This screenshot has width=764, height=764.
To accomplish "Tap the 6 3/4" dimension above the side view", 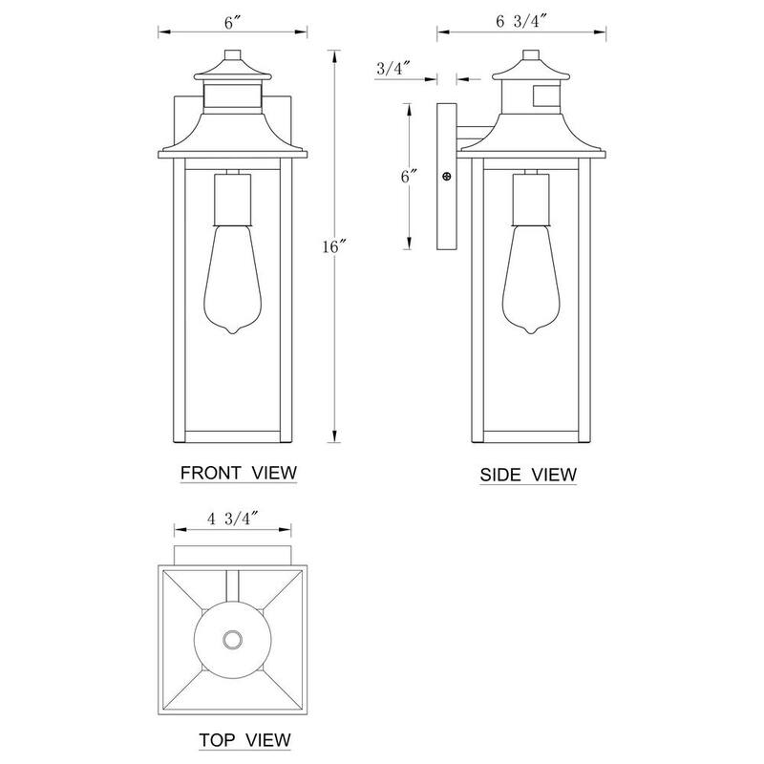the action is click(521, 22).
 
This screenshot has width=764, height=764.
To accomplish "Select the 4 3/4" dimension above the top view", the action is click(232, 519).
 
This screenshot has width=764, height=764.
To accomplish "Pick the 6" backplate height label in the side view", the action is click(409, 176).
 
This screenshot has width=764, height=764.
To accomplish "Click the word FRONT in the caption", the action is click(211, 473).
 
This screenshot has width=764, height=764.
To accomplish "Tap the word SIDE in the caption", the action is click(500, 475).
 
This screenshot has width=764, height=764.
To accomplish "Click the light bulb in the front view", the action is click(232, 279).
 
